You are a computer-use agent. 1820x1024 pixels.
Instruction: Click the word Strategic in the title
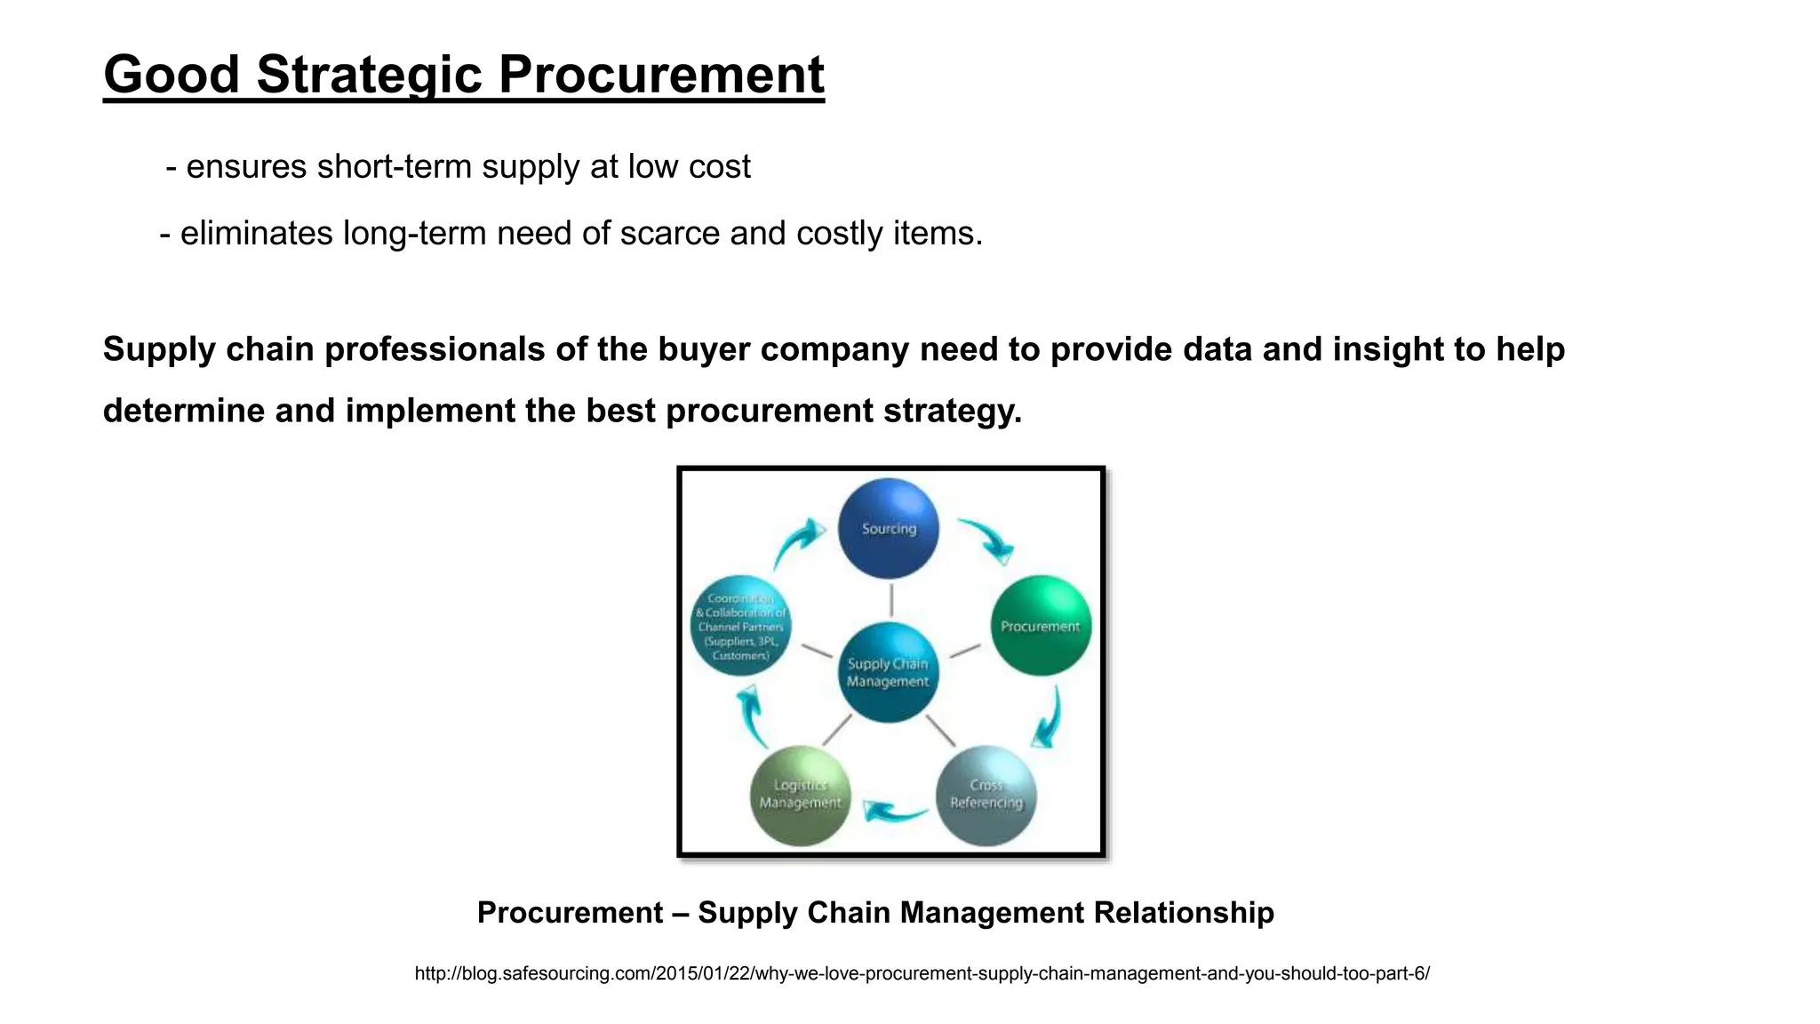pos(369,75)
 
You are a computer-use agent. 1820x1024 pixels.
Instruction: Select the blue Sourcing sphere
pos(888,528)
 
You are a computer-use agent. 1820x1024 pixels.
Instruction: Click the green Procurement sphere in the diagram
pos(1040,626)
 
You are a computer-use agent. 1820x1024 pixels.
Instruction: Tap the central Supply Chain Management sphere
pos(888,672)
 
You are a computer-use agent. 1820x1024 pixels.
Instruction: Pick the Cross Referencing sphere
pos(986,795)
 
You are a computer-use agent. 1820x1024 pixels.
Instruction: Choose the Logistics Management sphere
pos(800,795)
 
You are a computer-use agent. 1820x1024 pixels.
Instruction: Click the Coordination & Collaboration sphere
pos(740,626)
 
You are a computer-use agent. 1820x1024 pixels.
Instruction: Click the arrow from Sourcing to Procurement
pos(988,540)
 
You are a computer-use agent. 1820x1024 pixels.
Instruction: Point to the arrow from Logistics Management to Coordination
pos(752,715)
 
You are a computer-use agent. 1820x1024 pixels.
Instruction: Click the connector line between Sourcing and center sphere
pos(890,600)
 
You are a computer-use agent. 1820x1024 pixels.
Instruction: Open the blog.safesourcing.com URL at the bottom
pos(922,973)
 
